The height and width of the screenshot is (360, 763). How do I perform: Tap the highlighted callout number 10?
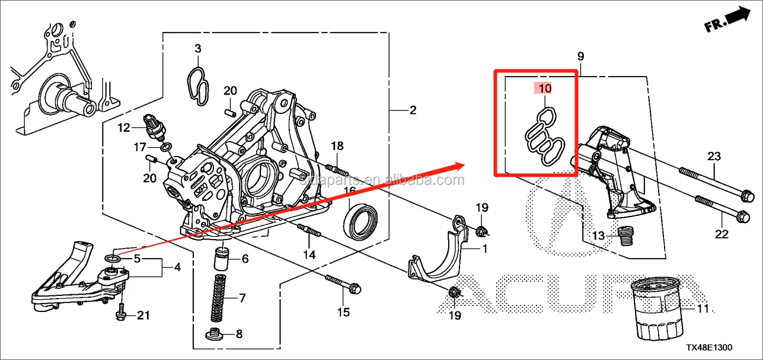[x=545, y=89]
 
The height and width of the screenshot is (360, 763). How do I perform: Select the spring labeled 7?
[x=219, y=298]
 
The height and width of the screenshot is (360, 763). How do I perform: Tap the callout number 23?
[x=713, y=157]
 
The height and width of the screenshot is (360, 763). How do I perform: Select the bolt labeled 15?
[x=341, y=288]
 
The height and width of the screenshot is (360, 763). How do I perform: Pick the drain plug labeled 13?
[x=622, y=235]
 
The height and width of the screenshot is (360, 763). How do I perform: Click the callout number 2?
[x=413, y=110]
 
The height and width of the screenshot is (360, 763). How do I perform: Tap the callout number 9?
[x=580, y=56]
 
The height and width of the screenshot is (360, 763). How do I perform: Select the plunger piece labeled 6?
[x=222, y=259]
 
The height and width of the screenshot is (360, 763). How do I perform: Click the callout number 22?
[x=721, y=234]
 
